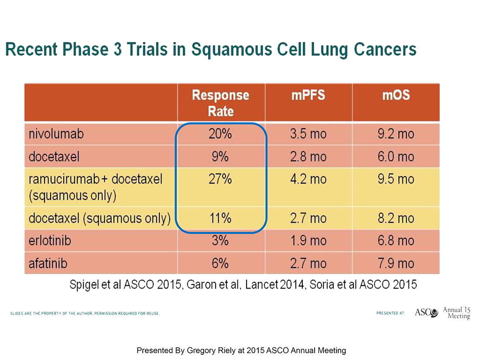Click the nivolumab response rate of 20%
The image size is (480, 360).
[x=220, y=134]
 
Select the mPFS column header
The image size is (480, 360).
[x=308, y=95]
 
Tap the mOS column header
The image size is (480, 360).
[x=396, y=95]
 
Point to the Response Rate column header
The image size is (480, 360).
[x=220, y=103]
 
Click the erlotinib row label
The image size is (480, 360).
[x=50, y=240]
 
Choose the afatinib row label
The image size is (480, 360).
[x=48, y=263]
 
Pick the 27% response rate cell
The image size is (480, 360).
[x=220, y=179]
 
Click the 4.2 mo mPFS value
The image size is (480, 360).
[x=308, y=179]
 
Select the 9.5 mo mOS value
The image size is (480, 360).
[x=396, y=179]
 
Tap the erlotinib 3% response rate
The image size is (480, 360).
[x=220, y=240]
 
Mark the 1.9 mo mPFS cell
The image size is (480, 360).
[x=308, y=240]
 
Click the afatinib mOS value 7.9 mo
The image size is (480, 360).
[x=396, y=263]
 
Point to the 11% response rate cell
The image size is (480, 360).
[x=220, y=218]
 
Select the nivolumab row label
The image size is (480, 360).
[x=56, y=134]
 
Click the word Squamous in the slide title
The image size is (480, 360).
[x=231, y=50]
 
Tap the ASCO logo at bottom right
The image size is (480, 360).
[x=426, y=312]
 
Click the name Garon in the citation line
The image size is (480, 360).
[x=201, y=285]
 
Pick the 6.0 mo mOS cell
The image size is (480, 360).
[x=396, y=157]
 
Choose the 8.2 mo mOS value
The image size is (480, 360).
[x=396, y=218]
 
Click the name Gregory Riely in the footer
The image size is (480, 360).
[x=211, y=350]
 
